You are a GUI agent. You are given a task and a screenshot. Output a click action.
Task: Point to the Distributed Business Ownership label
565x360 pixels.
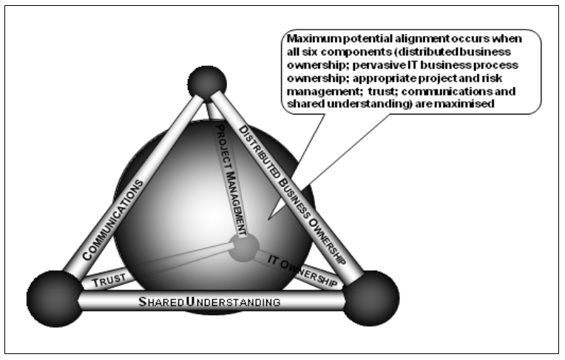click(296, 189)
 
